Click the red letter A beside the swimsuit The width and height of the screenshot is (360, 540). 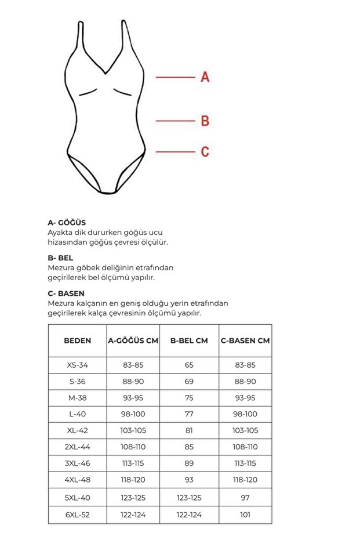[205, 77]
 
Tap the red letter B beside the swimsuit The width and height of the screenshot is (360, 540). [205, 121]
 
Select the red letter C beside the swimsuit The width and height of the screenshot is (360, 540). [205, 152]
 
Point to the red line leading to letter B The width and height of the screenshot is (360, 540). [174, 121]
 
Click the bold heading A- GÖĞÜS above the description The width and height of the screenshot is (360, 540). [67, 222]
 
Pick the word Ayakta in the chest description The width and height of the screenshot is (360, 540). [60, 232]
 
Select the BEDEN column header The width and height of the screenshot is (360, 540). [77, 340]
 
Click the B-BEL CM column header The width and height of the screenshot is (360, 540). [189, 340]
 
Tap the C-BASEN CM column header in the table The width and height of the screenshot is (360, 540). [245, 340]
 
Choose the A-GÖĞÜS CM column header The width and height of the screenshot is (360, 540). [133, 340]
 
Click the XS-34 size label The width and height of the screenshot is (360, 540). [77, 365]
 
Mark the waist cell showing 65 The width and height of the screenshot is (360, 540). [189, 365]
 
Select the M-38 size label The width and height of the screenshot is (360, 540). [77, 398]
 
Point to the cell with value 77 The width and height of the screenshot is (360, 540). [189, 414]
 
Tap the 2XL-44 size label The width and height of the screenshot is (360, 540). [77, 447]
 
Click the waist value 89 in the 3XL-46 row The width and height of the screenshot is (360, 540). [189, 463]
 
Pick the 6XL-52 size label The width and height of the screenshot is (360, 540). [77, 514]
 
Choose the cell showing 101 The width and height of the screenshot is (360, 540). [245, 514]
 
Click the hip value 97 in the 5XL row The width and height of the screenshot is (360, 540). [245, 497]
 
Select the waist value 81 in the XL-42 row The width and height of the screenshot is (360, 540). [189, 431]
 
